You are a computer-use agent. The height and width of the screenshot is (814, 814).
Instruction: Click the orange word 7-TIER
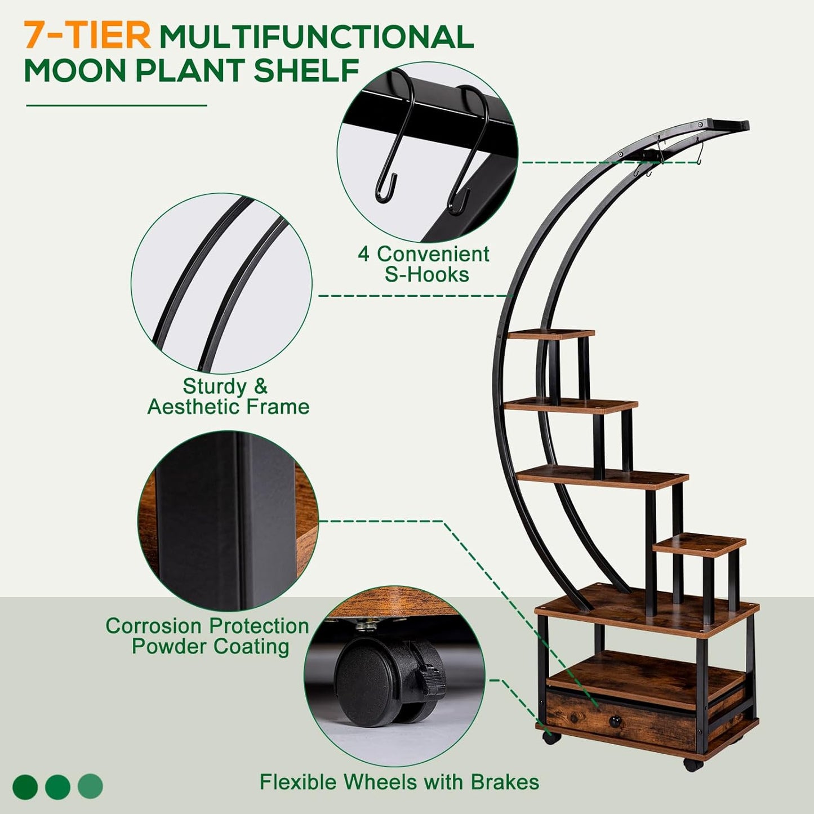[87, 35]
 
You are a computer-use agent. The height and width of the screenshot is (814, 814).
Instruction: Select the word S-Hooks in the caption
[427, 275]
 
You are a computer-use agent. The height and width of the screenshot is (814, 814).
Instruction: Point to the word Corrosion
[154, 626]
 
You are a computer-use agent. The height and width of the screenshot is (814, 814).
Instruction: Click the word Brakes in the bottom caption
[505, 782]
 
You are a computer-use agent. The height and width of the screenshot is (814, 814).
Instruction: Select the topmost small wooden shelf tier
[551, 334]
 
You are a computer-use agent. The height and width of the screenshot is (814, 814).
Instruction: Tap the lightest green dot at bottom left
[90, 786]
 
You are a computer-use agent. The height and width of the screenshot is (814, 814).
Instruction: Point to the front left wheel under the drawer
[548, 737]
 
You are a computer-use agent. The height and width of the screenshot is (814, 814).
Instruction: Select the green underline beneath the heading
[117, 105]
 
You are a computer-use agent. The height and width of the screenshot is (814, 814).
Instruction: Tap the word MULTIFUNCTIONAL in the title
[316, 37]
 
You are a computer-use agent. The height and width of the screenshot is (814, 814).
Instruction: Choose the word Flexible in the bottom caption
[299, 782]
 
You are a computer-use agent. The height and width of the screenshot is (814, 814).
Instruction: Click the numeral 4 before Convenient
[364, 255]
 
